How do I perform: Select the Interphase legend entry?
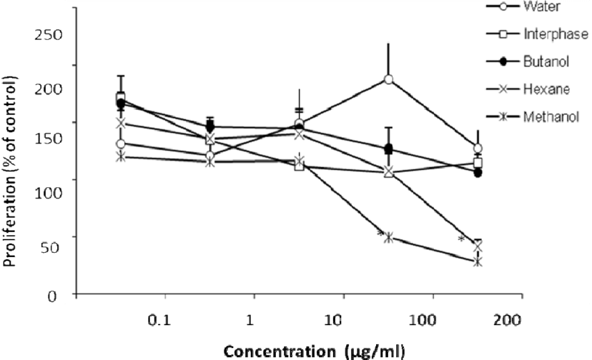pyautogui.click(x=554, y=34)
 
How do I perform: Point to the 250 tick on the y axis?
pyautogui.click(x=49, y=34)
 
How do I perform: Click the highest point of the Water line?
pyautogui.click(x=389, y=79)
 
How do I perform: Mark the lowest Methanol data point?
pyautogui.click(x=478, y=261)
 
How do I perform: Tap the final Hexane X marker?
pyautogui.click(x=478, y=246)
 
